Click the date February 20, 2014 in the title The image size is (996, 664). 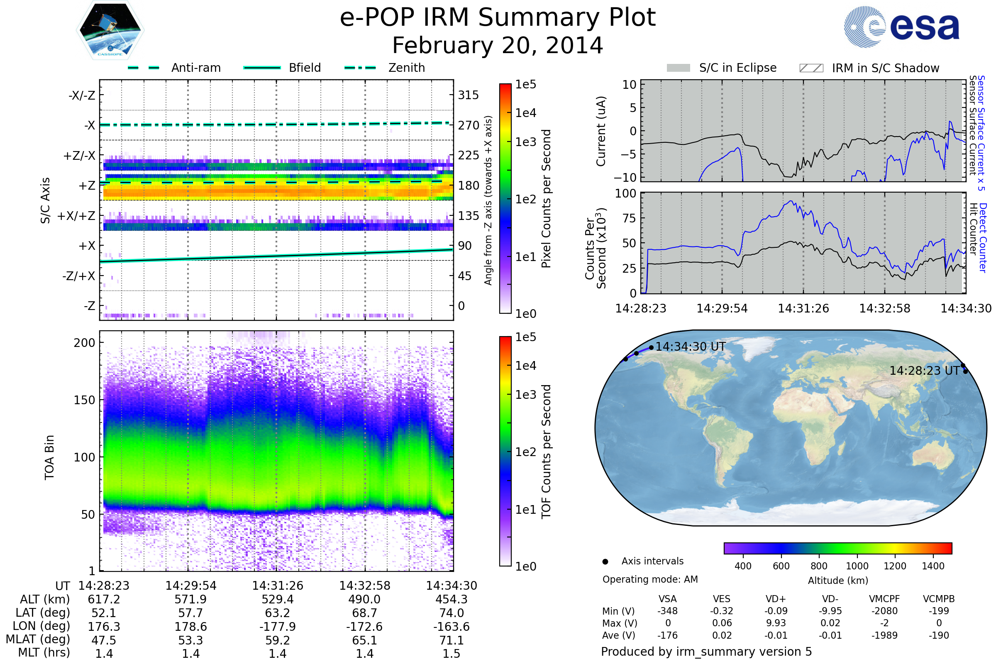498,45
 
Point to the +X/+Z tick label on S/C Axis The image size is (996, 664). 76,216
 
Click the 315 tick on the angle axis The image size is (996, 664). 468,95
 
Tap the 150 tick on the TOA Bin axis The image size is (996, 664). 84,400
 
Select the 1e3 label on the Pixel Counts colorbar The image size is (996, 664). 525,142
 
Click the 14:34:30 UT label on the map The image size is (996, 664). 690,347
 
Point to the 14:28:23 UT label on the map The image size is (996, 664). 924,371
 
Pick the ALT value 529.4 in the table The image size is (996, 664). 277,600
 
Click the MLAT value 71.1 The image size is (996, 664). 452,640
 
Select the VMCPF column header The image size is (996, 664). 884,599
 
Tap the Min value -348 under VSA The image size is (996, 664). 667,611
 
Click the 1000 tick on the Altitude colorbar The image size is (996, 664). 857,566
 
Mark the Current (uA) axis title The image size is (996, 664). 601,131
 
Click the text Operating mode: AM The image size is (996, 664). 650,579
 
